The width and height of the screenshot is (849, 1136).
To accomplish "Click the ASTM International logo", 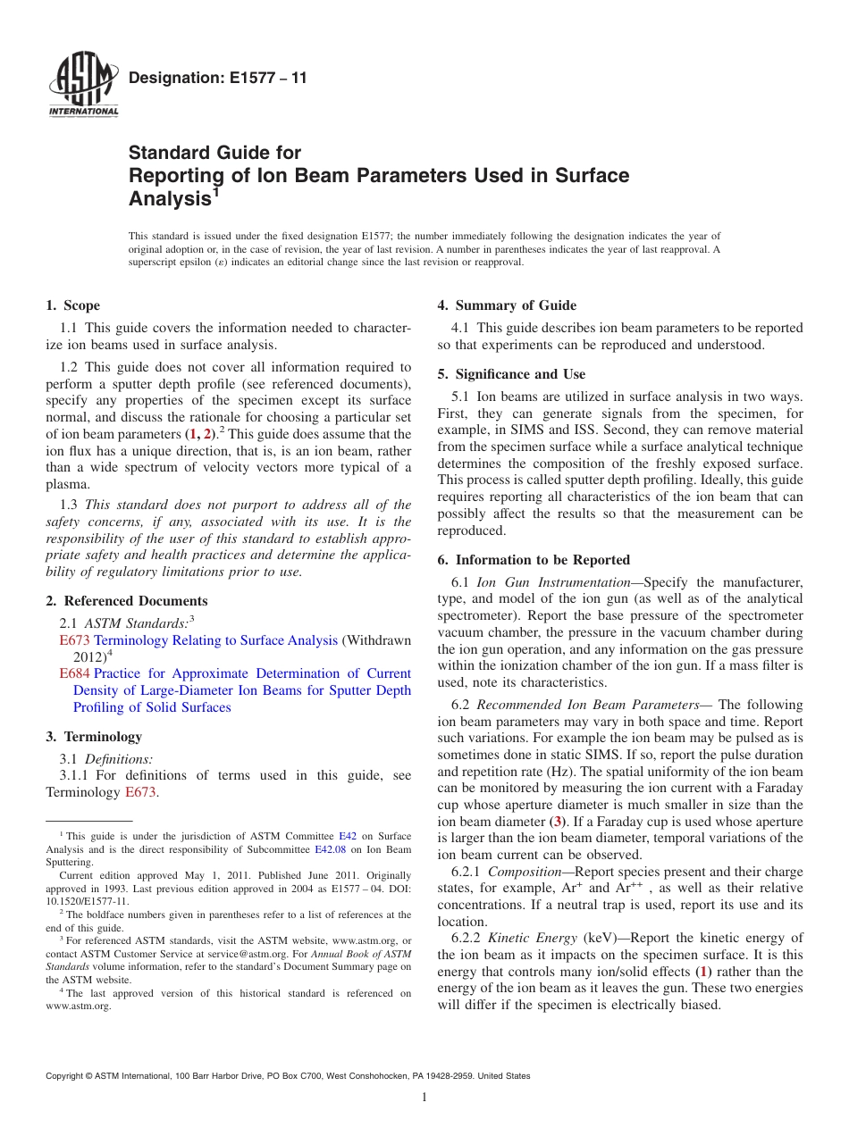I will [x=82, y=86].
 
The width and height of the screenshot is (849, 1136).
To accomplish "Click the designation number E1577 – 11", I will [x=217, y=78].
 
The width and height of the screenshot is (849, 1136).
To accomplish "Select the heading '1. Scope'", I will [x=72, y=305].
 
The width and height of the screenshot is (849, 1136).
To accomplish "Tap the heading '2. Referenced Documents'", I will [x=126, y=601].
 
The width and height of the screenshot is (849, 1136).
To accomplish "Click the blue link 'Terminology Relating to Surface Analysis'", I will [x=215, y=640].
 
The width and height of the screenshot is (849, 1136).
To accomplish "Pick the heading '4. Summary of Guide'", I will [x=507, y=305].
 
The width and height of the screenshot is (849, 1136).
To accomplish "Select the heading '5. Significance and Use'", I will [x=511, y=374].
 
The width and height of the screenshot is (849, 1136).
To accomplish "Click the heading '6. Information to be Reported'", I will [x=534, y=560].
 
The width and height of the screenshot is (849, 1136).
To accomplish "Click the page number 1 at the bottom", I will [x=424, y=1097].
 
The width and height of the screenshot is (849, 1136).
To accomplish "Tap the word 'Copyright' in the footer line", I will [x=68, y=1076].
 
